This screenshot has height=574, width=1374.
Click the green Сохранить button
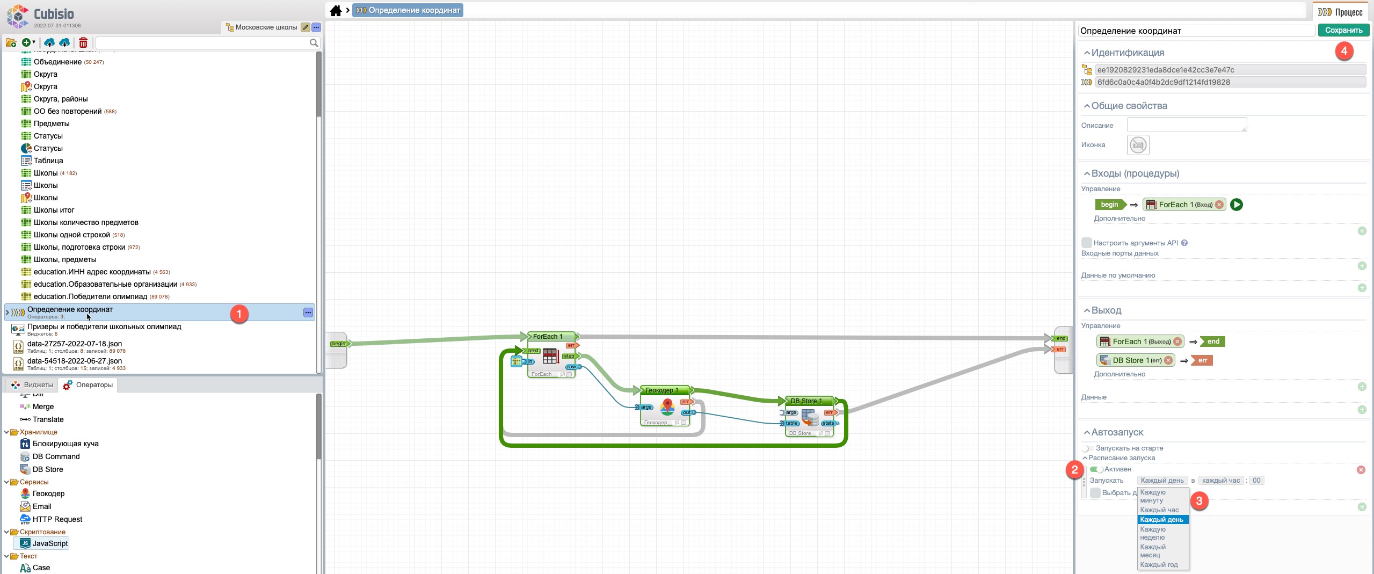click(x=1343, y=31)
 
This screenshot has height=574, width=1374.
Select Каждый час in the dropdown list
click(x=1159, y=510)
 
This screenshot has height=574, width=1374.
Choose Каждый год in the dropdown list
click(x=1159, y=565)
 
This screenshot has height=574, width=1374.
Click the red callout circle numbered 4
click(x=1344, y=52)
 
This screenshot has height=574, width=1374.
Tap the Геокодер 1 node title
click(x=661, y=390)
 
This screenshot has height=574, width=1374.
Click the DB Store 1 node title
click(x=806, y=401)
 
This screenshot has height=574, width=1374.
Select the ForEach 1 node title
click(x=548, y=337)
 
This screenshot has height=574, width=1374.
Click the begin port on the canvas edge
click(x=338, y=344)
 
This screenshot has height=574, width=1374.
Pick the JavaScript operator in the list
click(x=50, y=543)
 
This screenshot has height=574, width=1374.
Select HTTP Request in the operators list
click(x=57, y=519)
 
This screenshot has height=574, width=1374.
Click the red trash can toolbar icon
click(x=83, y=42)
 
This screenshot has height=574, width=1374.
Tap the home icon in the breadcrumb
click(x=336, y=10)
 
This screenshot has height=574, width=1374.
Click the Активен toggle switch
click(x=1096, y=469)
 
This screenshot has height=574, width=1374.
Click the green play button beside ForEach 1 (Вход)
click(x=1236, y=205)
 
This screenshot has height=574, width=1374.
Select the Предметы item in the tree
click(x=52, y=123)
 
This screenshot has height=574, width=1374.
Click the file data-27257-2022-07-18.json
click(x=75, y=344)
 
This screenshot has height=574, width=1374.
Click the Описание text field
click(x=1186, y=125)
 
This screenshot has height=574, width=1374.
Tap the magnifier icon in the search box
click(x=314, y=43)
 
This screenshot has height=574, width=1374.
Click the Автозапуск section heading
click(x=1117, y=432)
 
